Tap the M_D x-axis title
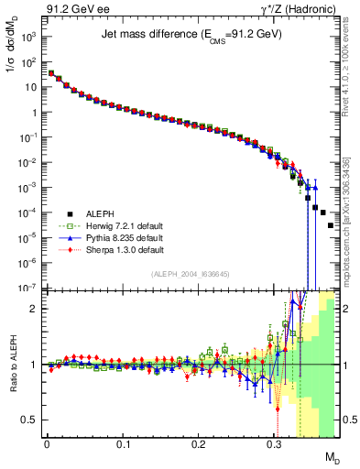tap(331, 457)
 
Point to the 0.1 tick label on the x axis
tap(123, 444)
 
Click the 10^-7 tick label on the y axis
tap(28, 287)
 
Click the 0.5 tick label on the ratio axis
tap(30, 420)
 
